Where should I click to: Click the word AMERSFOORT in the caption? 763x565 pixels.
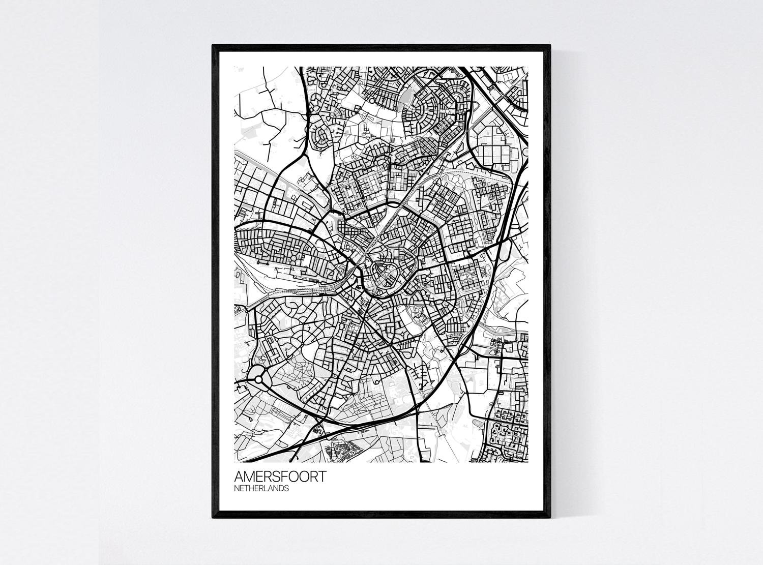(280, 478)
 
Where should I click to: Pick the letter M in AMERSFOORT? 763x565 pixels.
(249, 478)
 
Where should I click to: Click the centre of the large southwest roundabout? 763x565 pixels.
(259, 378)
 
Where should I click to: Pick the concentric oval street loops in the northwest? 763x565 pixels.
(322, 137)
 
